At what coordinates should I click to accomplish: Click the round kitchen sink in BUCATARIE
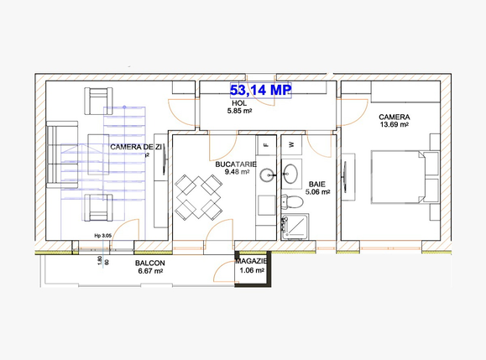click(x=268, y=175)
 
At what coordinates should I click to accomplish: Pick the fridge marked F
click(x=265, y=143)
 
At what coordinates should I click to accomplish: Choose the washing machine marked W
click(x=291, y=143)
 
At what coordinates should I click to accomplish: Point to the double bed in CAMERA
click(x=403, y=178)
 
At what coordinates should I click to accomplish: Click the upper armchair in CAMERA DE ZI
click(x=98, y=101)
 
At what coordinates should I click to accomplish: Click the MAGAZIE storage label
click(x=252, y=261)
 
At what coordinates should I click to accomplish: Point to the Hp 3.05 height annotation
click(x=103, y=237)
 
